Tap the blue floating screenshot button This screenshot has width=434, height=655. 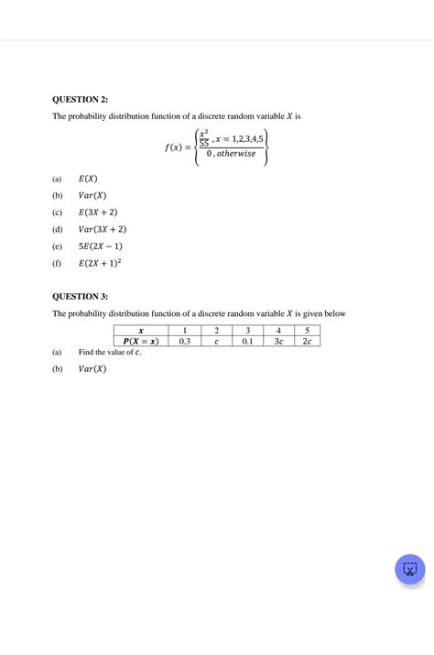[x=409, y=569]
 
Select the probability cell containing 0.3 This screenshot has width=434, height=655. [x=185, y=342]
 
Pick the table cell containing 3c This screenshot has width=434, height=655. [x=278, y=342]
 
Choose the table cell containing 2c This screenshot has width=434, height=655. [x=308, y=342]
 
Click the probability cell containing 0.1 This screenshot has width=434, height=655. [x=247, y=342]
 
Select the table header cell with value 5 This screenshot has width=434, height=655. [x=308, y=331]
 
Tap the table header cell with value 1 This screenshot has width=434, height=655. [x=185, y=331]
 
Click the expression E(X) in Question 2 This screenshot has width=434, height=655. [x=88, y=179]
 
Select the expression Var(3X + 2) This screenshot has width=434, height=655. [x=102, y=229]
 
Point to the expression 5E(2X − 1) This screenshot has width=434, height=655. [x=101, y=246]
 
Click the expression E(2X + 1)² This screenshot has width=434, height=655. [x=101, y=264]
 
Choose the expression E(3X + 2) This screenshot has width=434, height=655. [x=99, y=213]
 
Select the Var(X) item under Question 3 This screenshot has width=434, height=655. [x=92, y=369]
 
